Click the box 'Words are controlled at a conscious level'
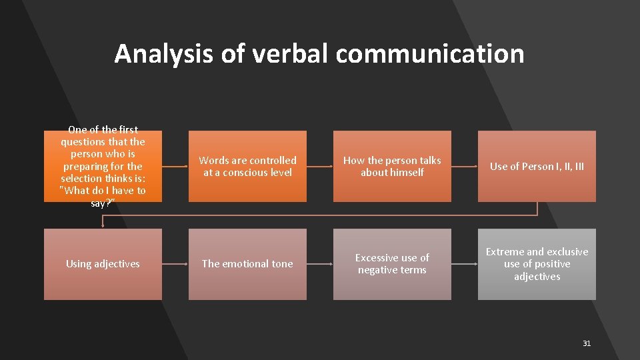tap(247, 166)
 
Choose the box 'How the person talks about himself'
tap(392, 166)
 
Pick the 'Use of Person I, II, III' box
tap(537, 166)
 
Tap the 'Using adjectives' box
tap(103, 264)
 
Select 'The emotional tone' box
tap(247, 264)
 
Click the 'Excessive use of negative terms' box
tap(392, 264)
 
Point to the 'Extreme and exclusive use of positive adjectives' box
tap(537, 264)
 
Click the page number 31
tap(587, 343)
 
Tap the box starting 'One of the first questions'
tap(103, 166)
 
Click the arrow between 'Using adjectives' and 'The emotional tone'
tap(175, 264)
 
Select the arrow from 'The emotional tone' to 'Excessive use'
tap(320, 264)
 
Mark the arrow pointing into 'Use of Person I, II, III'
tap(465, 166)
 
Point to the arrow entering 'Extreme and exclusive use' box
tap(465, 264)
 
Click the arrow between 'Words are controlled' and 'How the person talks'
tap(320, 166)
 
